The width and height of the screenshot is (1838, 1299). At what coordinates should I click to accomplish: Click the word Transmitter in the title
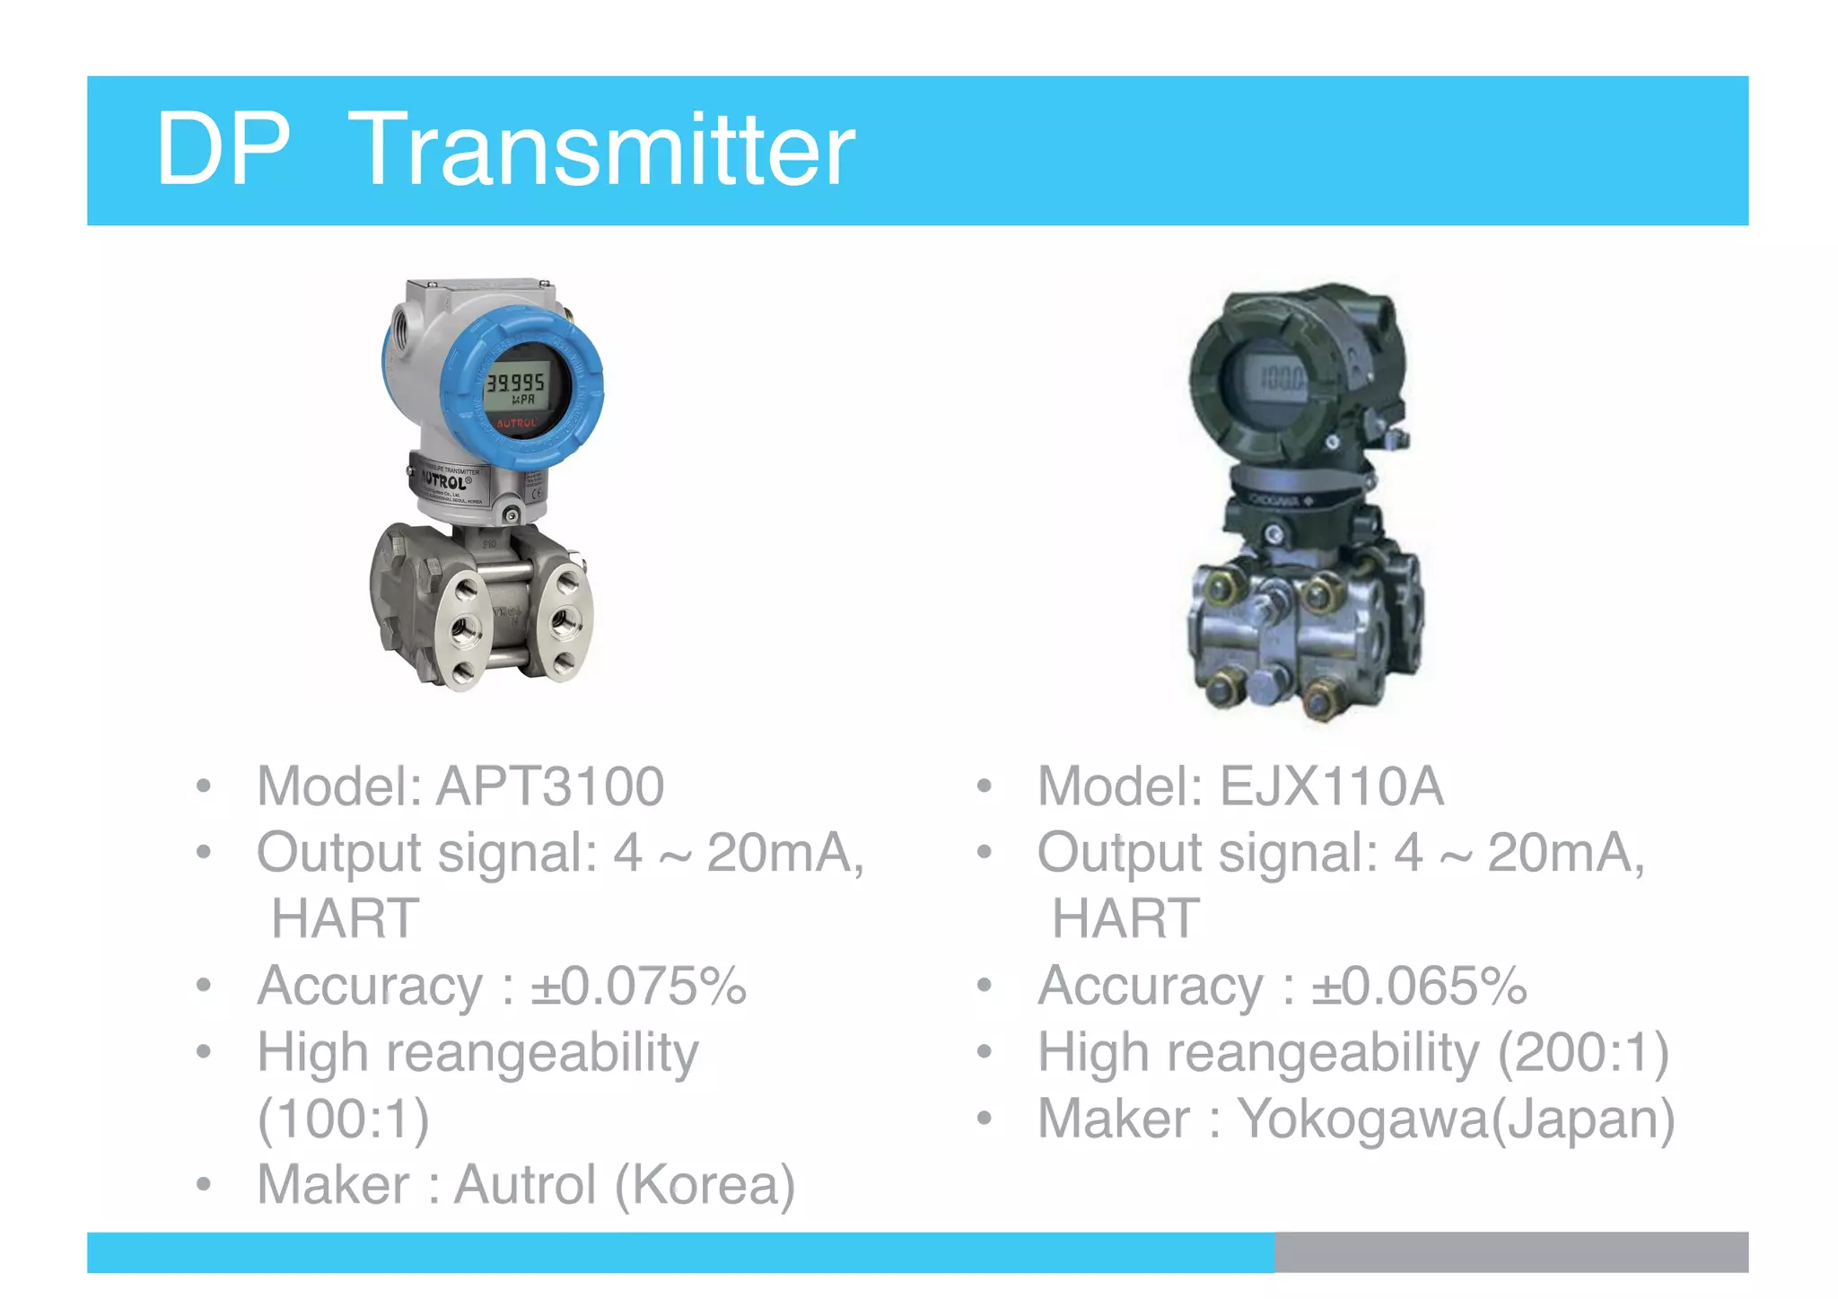(601, 150)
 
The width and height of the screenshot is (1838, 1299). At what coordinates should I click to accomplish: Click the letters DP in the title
(223, 150)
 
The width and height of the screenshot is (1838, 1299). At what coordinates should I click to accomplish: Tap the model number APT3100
(550, 786)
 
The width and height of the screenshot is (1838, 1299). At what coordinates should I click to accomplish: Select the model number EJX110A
(1331, 786)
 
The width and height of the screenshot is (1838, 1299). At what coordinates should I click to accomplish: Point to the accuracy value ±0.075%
(638, 986)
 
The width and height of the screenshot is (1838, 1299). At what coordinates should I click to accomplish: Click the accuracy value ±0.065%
(1419, 986)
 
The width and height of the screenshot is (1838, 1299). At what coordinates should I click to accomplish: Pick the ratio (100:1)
(344, 1119)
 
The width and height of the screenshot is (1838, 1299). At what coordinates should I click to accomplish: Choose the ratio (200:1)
(1583, 1052)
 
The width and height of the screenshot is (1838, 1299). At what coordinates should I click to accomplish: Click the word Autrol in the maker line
(525, 1184)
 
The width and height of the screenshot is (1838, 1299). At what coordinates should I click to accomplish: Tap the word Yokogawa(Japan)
(1456, 1119)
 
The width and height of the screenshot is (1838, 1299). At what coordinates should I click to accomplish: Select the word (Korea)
(705, 1184)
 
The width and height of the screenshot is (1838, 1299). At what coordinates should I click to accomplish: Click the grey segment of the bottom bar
(1510, 1252)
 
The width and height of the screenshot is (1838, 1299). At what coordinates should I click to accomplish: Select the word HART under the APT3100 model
(346, 918)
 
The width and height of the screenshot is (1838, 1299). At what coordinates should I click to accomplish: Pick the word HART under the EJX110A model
(1125, 918)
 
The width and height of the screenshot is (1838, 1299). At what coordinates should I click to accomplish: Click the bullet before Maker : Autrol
(204, 1185)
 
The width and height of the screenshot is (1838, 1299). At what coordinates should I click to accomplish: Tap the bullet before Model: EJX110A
(985, 787)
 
